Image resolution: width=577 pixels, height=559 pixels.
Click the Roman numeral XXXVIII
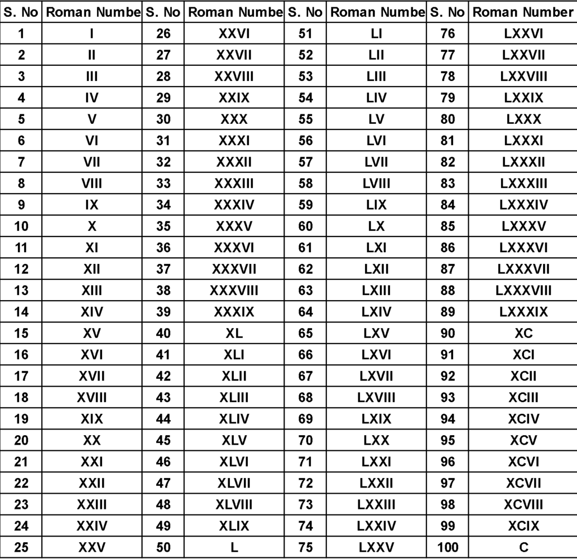[x=234, y=290]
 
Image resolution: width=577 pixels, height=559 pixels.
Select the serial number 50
[x=163, y=547]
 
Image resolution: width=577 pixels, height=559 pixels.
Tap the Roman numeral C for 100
[x=523, y=547]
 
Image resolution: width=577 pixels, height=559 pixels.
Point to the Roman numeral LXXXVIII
[x=523, y=290]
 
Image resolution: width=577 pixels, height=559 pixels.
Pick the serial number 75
[x=305, y=547]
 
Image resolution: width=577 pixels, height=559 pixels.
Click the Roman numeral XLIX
[x=234, y=526]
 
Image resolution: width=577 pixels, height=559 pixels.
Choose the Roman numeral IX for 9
[x=92, y=205]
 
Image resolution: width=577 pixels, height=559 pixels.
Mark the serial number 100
[x=447, y=547]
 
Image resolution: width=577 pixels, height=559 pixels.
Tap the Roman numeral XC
[x=523, y=333]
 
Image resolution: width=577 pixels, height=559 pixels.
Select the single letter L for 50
[x=234, y=547]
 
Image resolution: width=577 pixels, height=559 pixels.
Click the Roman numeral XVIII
[x=92, y=397]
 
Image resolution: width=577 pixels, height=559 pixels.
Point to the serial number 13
[x=21, y=290]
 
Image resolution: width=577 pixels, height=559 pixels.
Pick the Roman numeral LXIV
[x=376, y=312]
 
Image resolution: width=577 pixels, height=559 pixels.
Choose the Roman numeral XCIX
[x=523, y=526]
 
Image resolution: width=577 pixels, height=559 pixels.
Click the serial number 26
[x=163, y=34]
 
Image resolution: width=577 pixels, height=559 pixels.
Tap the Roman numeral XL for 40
[x=234, y=333]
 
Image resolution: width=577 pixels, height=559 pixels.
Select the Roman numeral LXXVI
[x=523, y=34]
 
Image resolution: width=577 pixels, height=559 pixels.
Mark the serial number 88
[x=447, y=290]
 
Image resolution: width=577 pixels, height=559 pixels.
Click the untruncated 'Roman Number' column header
[x=522, y=12]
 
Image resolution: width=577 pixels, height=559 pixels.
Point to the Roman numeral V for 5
[x=92, y=119]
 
